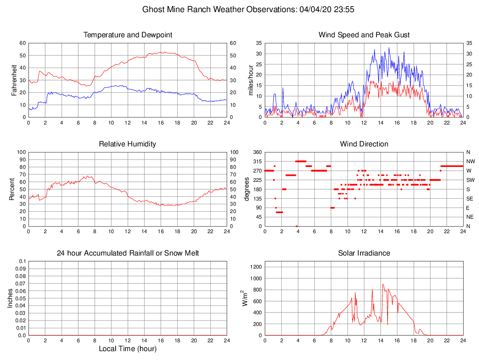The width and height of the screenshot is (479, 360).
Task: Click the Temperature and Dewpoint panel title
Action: click(x=127, y=35)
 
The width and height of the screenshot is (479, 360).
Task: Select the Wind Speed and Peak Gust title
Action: click(x=364, y=35)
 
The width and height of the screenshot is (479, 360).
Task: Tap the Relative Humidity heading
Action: click(x=127, y=144)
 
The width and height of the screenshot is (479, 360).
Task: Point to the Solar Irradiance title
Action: click(x=364, y=253)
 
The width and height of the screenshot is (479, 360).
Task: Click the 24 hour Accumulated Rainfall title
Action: click(x=127, y=253)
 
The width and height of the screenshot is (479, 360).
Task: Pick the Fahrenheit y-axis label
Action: click(x=14, y=80)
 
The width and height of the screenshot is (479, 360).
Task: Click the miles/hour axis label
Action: click(x=251, y=80)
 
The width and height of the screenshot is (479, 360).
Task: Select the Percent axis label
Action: click(x=12, y=189)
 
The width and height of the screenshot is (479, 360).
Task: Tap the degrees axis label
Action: click(x=247, y=189)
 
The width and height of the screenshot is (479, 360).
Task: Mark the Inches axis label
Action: click(x=10, y=298)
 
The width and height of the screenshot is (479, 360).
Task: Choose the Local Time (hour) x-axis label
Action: click(x=127, y=349)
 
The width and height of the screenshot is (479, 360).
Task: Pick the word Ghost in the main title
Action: click(x=153, y=9)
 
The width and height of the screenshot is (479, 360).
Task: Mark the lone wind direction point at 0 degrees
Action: click(x=297, y=226)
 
